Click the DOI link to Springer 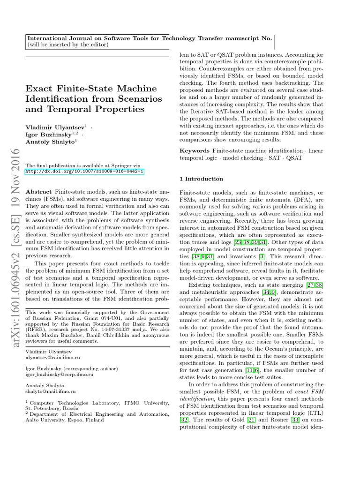click(x=84, y=172)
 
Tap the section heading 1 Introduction click(x=202, y=179)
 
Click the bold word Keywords click(x=195, y=150)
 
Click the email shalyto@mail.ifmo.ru click(x=51, y=391)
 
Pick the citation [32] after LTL click(x=184, y=420)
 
